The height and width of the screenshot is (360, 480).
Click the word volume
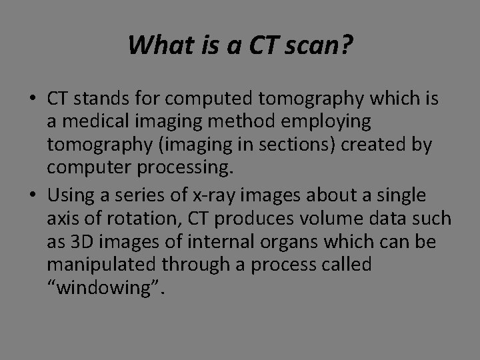[x=316, y=217]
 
